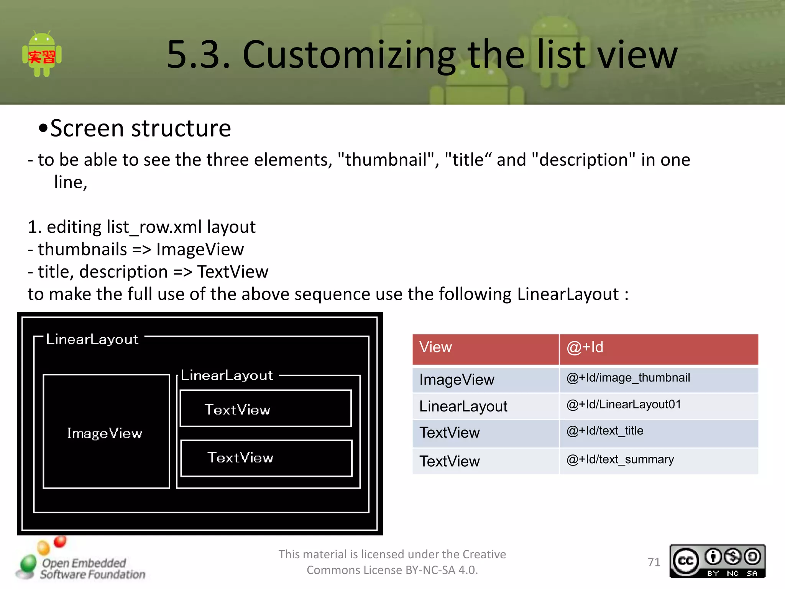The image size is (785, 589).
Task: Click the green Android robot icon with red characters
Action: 42,54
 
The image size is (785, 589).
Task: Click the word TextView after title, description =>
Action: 233,272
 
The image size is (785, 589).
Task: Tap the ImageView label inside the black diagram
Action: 105,433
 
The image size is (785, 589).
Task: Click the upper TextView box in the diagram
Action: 265,409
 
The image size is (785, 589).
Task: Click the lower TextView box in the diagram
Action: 266,458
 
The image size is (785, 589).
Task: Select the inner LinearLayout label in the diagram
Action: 227,375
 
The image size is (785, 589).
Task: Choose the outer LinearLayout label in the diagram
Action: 92,339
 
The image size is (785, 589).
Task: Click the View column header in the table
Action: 436,347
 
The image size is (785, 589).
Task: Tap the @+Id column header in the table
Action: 585,347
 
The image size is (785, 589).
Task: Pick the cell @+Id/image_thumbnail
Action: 628,378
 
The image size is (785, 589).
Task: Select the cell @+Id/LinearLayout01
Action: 624,405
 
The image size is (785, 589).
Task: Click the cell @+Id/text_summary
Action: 620,460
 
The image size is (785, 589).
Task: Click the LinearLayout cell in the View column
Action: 463,406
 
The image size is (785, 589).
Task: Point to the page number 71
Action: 654,562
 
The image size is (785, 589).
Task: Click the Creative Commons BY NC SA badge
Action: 717,561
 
